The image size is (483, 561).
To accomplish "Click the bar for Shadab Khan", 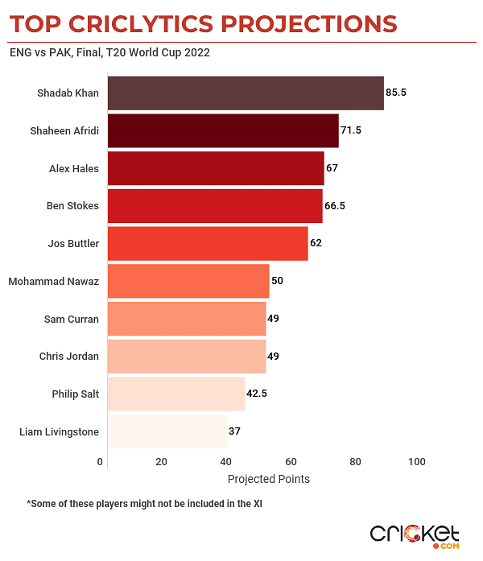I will [245, 93].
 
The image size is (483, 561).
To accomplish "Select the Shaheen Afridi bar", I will [222, 131].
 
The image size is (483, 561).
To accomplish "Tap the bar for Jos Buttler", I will [207, 243].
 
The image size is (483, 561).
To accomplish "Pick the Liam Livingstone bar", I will [167, 431].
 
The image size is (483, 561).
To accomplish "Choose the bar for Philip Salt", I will [175, 394].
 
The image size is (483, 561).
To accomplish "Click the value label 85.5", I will [396, 93].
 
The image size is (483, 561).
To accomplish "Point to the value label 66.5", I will [335, 205].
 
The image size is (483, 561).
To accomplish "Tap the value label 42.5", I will [258, 394].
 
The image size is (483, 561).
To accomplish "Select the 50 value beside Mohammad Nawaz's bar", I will [278, 281].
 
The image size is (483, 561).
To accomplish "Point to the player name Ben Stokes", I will [72, 205].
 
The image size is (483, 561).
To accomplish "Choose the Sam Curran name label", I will [72, 319].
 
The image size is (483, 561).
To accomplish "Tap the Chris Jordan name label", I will [69, 356].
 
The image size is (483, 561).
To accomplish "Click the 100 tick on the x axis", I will [416, 462].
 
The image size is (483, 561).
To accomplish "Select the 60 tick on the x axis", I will [290, 462].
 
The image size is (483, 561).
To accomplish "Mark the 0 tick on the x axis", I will [101, 462].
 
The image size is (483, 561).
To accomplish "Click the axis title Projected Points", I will [268, 479].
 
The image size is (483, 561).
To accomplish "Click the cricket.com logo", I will [415, 534].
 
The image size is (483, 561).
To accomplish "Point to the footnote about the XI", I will [146, 504].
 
